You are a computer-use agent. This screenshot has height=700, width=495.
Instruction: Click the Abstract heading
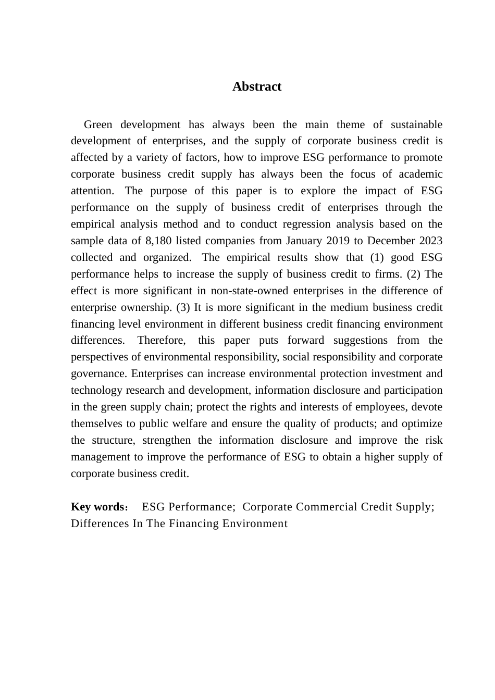pos(257,86)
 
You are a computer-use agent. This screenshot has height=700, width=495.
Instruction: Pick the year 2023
pos(429,241)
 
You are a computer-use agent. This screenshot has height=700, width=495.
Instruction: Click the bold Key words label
pos(96,507)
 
